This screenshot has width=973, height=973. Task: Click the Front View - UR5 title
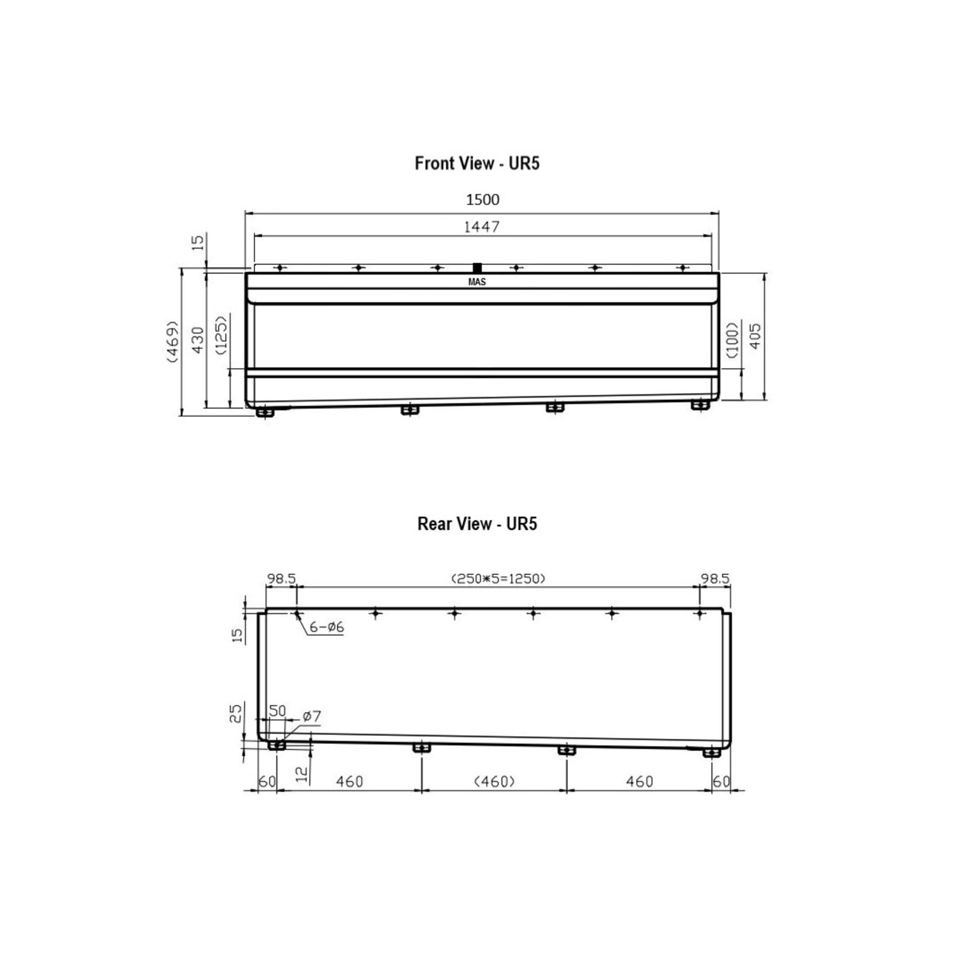pos(477,163)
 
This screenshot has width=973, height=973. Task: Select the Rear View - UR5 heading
pos(477,524)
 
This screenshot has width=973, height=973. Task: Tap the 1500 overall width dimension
pos(483,199)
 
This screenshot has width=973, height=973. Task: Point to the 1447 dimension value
pos(482,226)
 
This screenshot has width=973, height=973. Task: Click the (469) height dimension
pos(172,341)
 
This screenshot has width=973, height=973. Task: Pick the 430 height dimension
pos(198,340)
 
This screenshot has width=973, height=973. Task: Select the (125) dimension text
pos(222,334)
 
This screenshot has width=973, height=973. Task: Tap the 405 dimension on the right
pos(756,336)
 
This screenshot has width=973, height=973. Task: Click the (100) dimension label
pos(732,340)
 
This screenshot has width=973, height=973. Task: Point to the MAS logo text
pos(477,282)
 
